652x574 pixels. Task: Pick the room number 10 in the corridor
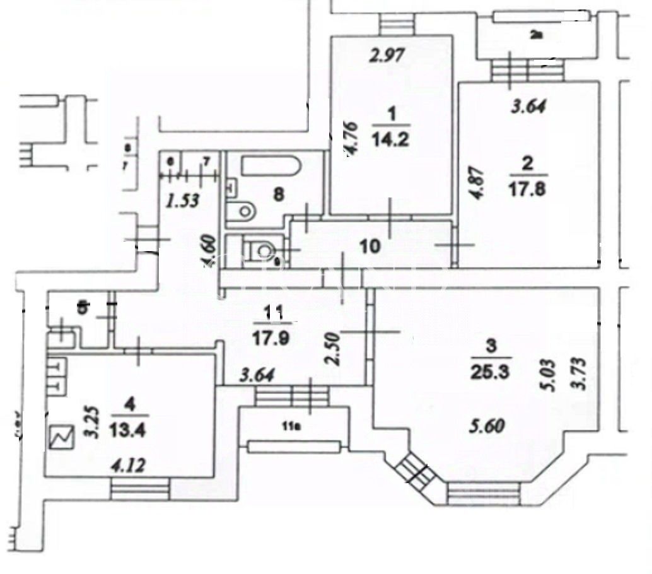(370, 245)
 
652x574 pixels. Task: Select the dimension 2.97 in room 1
(386, 56)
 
